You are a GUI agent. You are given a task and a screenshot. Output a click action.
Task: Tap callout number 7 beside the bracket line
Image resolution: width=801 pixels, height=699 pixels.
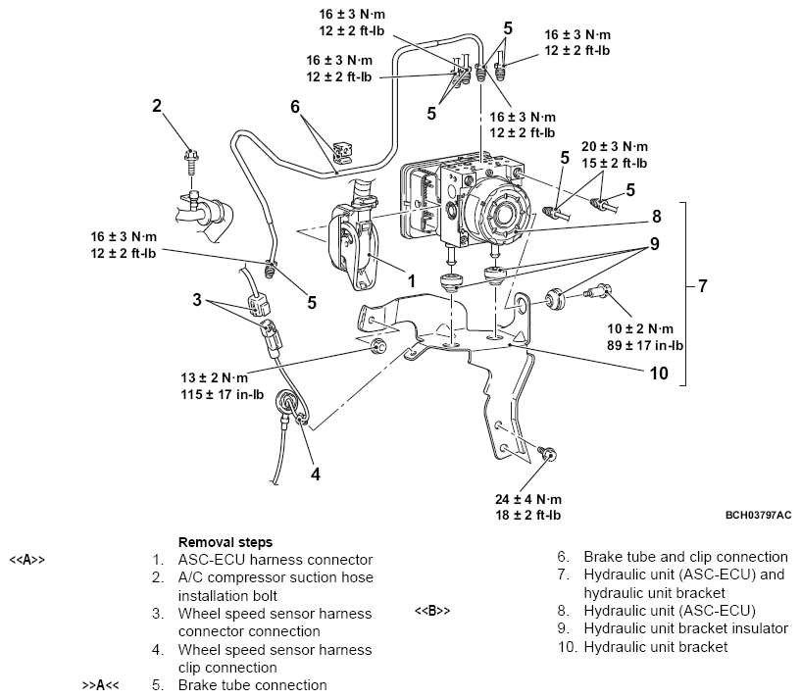pos(702,287)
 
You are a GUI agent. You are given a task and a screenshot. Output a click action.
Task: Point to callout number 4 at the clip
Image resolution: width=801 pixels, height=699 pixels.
pos(316,474)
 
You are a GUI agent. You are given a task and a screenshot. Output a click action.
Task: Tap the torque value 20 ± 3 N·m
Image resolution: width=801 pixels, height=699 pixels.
pos(615,144)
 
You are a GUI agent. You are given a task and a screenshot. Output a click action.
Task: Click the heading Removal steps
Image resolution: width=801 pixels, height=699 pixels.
pos(225,541)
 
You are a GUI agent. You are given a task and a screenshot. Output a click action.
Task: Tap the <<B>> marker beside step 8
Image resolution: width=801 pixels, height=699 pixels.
pos(431,611)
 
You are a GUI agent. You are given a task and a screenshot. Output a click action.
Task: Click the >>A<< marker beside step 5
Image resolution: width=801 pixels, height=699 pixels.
pos(99,684)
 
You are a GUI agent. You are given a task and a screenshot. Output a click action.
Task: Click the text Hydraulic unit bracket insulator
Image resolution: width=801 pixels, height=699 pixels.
pos(684,628)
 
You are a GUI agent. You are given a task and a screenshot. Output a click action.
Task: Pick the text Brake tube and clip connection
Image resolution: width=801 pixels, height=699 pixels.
pos(685,557)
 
